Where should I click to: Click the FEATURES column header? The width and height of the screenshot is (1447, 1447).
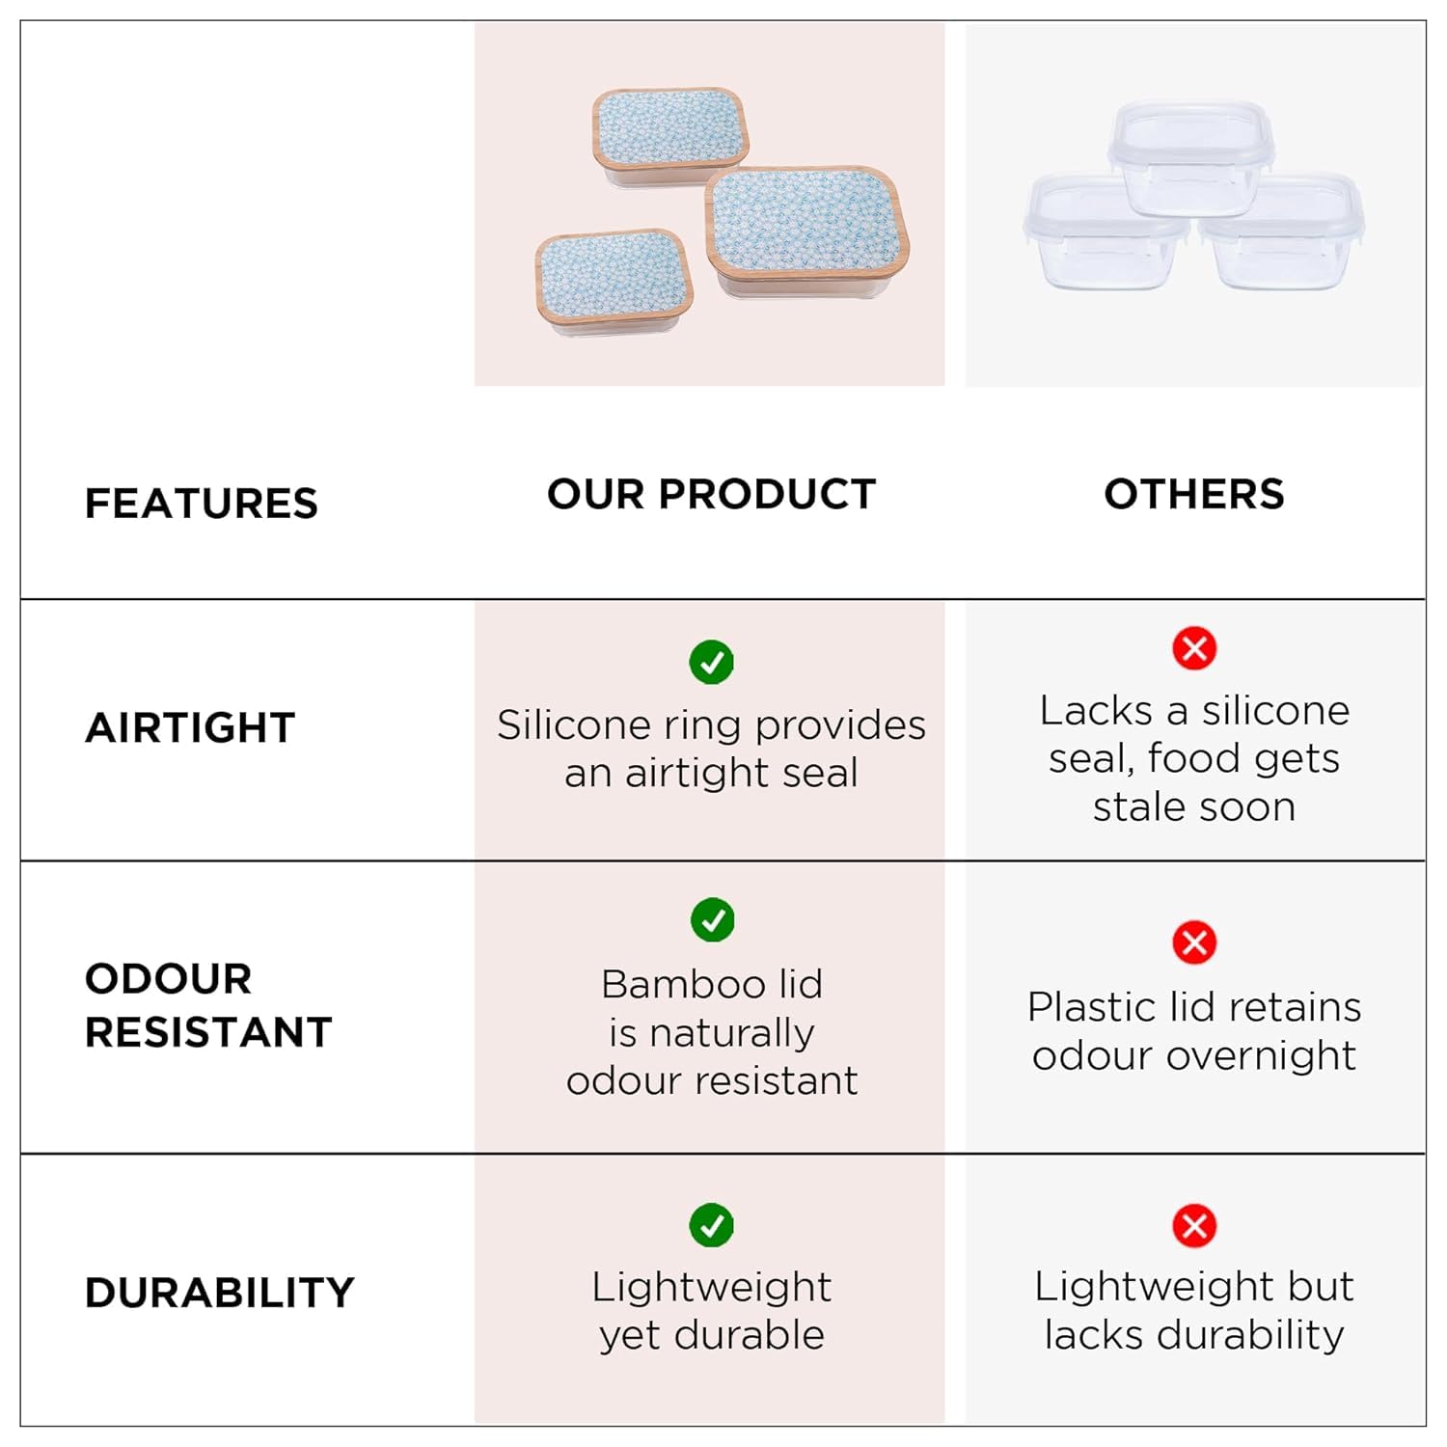[201, 504]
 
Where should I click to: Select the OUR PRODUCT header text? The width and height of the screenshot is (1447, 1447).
[711, 494]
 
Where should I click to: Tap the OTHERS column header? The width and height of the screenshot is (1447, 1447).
[1194, 494]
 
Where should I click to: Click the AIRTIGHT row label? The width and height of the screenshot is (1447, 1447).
[190, 727]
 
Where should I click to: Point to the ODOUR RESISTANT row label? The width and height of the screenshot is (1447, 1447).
[208, 1005]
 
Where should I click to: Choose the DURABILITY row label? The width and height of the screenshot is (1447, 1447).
[220, 1293]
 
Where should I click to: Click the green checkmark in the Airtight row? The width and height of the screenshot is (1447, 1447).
[712, 662]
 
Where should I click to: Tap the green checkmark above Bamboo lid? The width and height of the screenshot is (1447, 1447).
[713, 920]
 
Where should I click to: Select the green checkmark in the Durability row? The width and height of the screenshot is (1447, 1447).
[712, 1225]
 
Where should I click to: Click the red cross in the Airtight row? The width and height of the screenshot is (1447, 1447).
[1194, 648]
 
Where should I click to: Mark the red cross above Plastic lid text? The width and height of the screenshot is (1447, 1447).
[1194, 942]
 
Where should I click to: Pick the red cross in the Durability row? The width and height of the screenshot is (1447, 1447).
[1194, 1226]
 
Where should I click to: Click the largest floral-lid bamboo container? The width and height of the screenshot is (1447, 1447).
[807, 231]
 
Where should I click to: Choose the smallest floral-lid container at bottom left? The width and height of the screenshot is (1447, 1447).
[614, 282]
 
